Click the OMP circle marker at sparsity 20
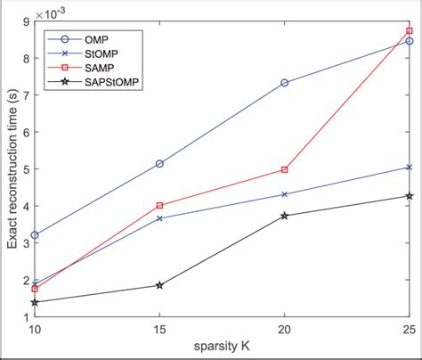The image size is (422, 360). pyautogui.click(x=284, y=83)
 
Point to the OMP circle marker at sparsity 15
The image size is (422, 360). pyautogui.click(x=159, y=164)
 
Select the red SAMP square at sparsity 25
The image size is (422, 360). pyautogui.click(x=409, y=31)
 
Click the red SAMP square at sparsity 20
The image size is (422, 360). pyautogui.click(x=284, y=169)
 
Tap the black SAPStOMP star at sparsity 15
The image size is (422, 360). pyautogui.click(x=159, y=285)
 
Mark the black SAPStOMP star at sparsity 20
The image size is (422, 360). pyautogui.click(x=284, y=216)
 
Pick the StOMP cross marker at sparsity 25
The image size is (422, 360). pyautogui.click(x=409, y=167)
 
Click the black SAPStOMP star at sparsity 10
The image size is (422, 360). pyautogui.click(x=35, y=302)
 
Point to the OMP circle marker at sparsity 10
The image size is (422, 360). pyautogui.click(x=35, y=235)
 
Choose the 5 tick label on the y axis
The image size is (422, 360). pyautogui.click(x=24, y=168)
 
